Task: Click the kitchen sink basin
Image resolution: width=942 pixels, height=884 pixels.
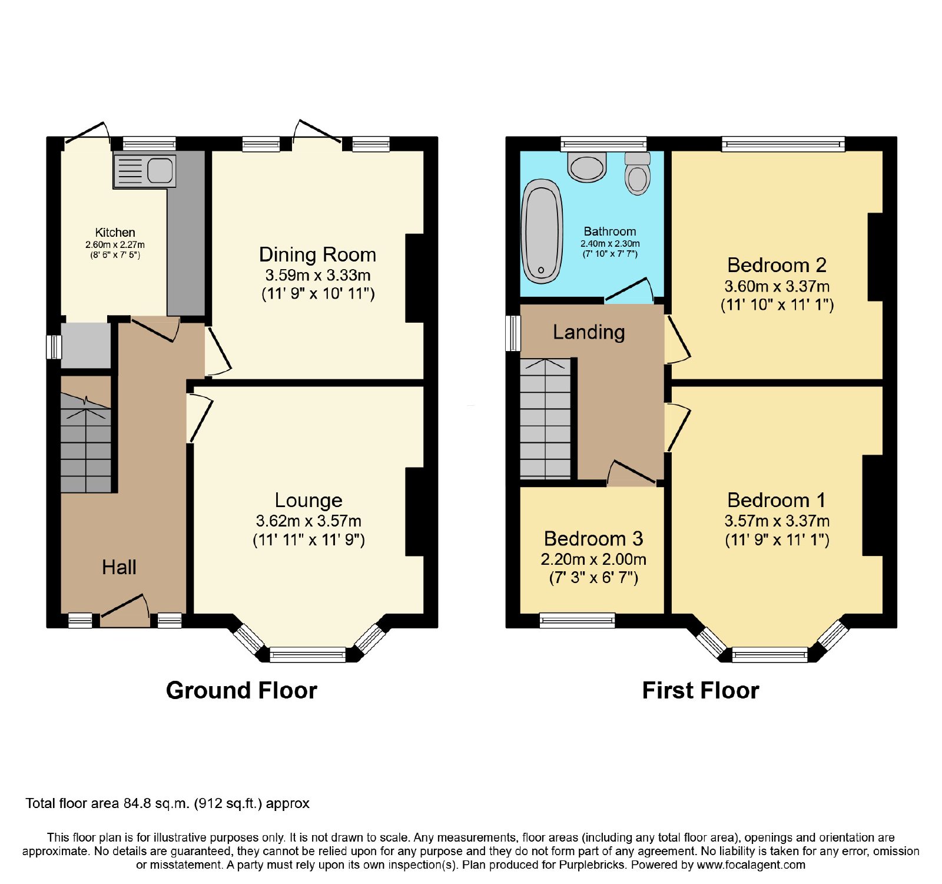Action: pos(160,171)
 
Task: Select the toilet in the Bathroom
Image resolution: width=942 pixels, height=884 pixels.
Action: pos(638,173)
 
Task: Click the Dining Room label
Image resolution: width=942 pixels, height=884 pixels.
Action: pos(317,254)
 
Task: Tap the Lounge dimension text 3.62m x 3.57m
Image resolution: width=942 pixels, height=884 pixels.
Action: pos(309,521)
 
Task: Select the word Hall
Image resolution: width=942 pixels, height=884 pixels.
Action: pos(119,567)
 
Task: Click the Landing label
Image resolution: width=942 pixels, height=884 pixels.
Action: pos(589,332)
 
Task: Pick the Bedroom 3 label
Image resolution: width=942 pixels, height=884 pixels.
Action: pos(593,538)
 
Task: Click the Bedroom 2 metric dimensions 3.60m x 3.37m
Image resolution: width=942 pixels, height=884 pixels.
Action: pos(777,286)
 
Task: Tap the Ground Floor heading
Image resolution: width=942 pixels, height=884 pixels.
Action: pos(241,690)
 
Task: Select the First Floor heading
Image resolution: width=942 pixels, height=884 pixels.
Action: pos(701,690)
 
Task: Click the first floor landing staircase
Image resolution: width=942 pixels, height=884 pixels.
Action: pos(545,418)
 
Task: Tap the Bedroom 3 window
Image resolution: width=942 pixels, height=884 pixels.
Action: pos(578,620)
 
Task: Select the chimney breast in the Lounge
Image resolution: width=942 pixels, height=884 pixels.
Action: pos(414,512)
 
